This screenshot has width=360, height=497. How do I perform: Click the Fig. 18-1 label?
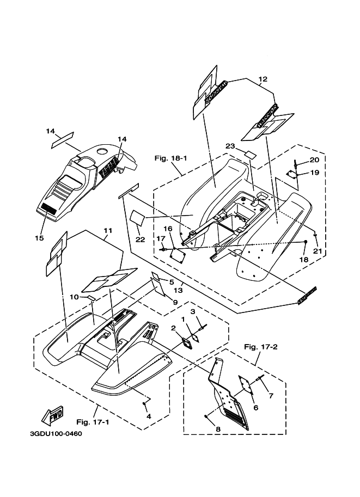click(170, 158)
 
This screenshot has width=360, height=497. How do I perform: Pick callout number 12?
click(263, 79)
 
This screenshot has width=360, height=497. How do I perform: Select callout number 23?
click(230, 146)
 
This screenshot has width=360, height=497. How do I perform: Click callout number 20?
click(314, 160)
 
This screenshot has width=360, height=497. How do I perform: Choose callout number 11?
click(107, 230)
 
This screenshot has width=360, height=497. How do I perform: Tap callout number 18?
click(304, 260)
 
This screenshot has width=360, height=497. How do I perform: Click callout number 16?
click(168, 229)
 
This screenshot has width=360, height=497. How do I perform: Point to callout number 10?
click(74, 297)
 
